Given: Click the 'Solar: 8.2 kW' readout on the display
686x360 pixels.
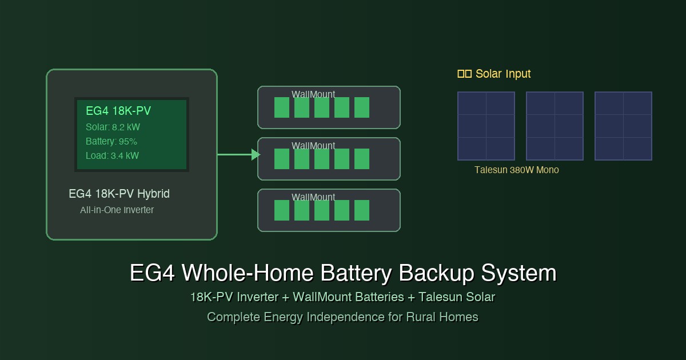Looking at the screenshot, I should (113, 127).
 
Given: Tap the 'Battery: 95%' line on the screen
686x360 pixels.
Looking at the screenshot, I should (111, 141).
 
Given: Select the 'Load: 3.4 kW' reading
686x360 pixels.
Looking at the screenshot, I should (112, 155).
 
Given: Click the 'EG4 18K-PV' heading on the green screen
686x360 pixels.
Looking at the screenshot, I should (118, 111).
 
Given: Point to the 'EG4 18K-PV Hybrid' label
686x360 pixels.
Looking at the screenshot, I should (119, 194).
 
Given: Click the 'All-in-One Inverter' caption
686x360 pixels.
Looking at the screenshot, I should (117, 210).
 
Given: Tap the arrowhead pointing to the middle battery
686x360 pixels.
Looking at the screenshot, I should (256, 154).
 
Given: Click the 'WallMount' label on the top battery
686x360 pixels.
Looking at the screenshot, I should (313, 94).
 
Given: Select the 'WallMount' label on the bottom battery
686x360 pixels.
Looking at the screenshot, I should (313, 197).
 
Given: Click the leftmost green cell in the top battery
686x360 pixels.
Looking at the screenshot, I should (282, 107).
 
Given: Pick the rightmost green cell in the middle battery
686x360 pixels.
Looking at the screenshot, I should (362, 159).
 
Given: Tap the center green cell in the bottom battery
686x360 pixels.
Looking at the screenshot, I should (322, 210).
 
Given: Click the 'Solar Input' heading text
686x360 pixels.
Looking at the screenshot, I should (503, 74).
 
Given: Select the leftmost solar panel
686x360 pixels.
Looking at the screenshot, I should (486, 126).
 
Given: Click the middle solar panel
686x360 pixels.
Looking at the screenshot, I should (555, 126).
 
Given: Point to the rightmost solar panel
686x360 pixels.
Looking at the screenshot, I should (623, 126).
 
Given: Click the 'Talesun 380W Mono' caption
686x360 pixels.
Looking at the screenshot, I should (517, 170).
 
